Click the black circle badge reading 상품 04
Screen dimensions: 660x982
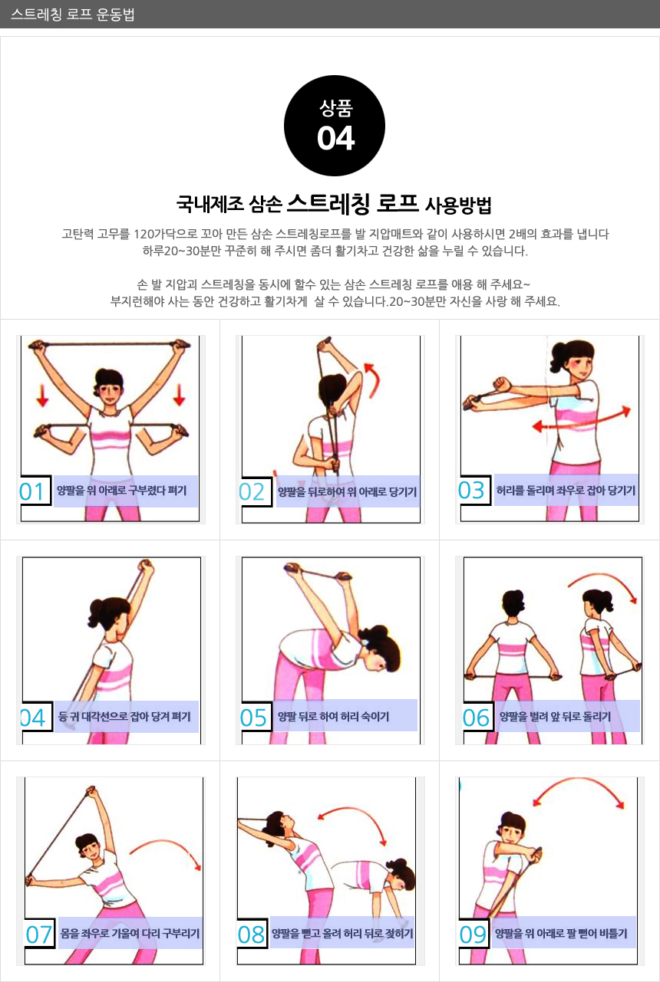pos(335,126)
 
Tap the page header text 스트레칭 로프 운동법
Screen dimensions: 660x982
pos(72,15)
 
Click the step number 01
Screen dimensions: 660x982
pos(31,491)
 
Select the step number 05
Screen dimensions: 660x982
pos(253,718)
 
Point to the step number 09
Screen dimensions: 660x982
pos(473,934)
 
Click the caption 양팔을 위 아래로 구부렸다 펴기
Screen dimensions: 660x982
pos(121,490)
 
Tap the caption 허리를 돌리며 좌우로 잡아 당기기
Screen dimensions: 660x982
pos(566,490)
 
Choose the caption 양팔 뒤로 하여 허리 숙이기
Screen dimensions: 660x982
pos(334,716)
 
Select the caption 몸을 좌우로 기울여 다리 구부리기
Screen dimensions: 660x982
pos(130,933)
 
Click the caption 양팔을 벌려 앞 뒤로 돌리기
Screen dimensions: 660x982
pos(555,716)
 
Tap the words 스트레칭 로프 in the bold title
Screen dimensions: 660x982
pos(353,203)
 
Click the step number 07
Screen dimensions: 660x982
pos(38,934)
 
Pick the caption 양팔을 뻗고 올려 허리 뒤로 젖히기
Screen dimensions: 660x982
pos(342,933)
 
